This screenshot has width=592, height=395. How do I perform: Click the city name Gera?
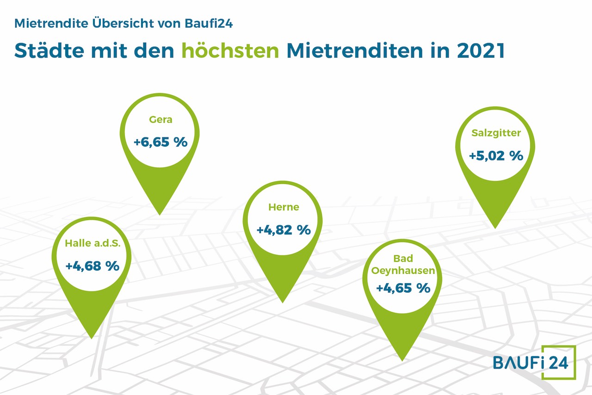coord(160,120)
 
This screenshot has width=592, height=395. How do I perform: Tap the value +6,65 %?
coord(160,142)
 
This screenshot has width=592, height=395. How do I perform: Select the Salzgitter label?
coord(496,133)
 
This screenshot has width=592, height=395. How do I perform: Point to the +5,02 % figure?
coord(496,156)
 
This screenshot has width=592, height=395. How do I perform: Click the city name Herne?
coord(284,207)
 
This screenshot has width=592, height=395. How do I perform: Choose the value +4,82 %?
coord(284,230)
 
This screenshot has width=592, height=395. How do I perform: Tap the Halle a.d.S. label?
coord(92,243)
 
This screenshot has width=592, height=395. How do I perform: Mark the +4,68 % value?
coord(92,266)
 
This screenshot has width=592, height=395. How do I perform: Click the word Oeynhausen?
coord(403,271)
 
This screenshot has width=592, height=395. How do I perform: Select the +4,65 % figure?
coord(403,288)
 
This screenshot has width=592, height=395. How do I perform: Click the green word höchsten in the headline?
coord(230,50)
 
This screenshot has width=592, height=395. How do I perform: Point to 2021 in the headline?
coord(481,50)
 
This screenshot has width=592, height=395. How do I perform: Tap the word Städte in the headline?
coord(49,50)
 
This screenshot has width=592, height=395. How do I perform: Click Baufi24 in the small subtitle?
coord(209,23)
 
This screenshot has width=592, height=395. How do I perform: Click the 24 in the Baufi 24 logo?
coord(558,363)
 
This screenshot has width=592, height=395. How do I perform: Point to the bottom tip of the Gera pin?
coord(160,215)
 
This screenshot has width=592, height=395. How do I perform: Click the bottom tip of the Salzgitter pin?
coord(495,228)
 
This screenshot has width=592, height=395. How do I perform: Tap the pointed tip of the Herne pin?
coord(283,303)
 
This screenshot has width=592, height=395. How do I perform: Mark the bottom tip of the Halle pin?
coord(92,339)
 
